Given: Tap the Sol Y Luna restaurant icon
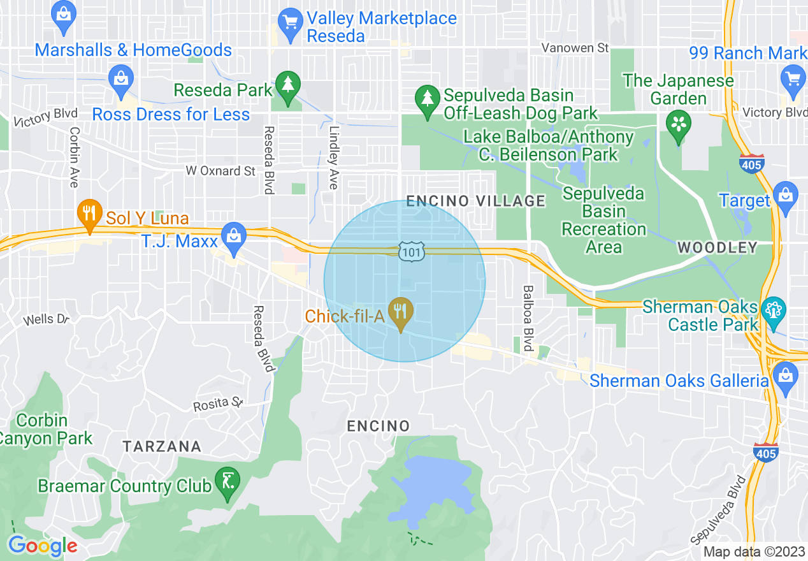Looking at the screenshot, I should tap(90, 214).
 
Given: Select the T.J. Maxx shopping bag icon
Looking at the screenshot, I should tap(234, 237).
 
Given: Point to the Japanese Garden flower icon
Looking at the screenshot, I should tap(678, 125).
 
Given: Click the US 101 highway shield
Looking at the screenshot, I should tap(411, 252).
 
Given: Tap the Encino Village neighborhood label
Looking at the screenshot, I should tap(476, 201).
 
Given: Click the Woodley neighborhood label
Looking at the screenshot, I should tap(717, 247).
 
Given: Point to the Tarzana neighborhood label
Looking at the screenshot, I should tap(162, 446).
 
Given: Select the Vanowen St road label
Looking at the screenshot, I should tap(575, 48).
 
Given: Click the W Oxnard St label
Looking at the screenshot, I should tap(220, 171).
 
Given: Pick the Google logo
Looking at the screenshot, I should tap(43, 546).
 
